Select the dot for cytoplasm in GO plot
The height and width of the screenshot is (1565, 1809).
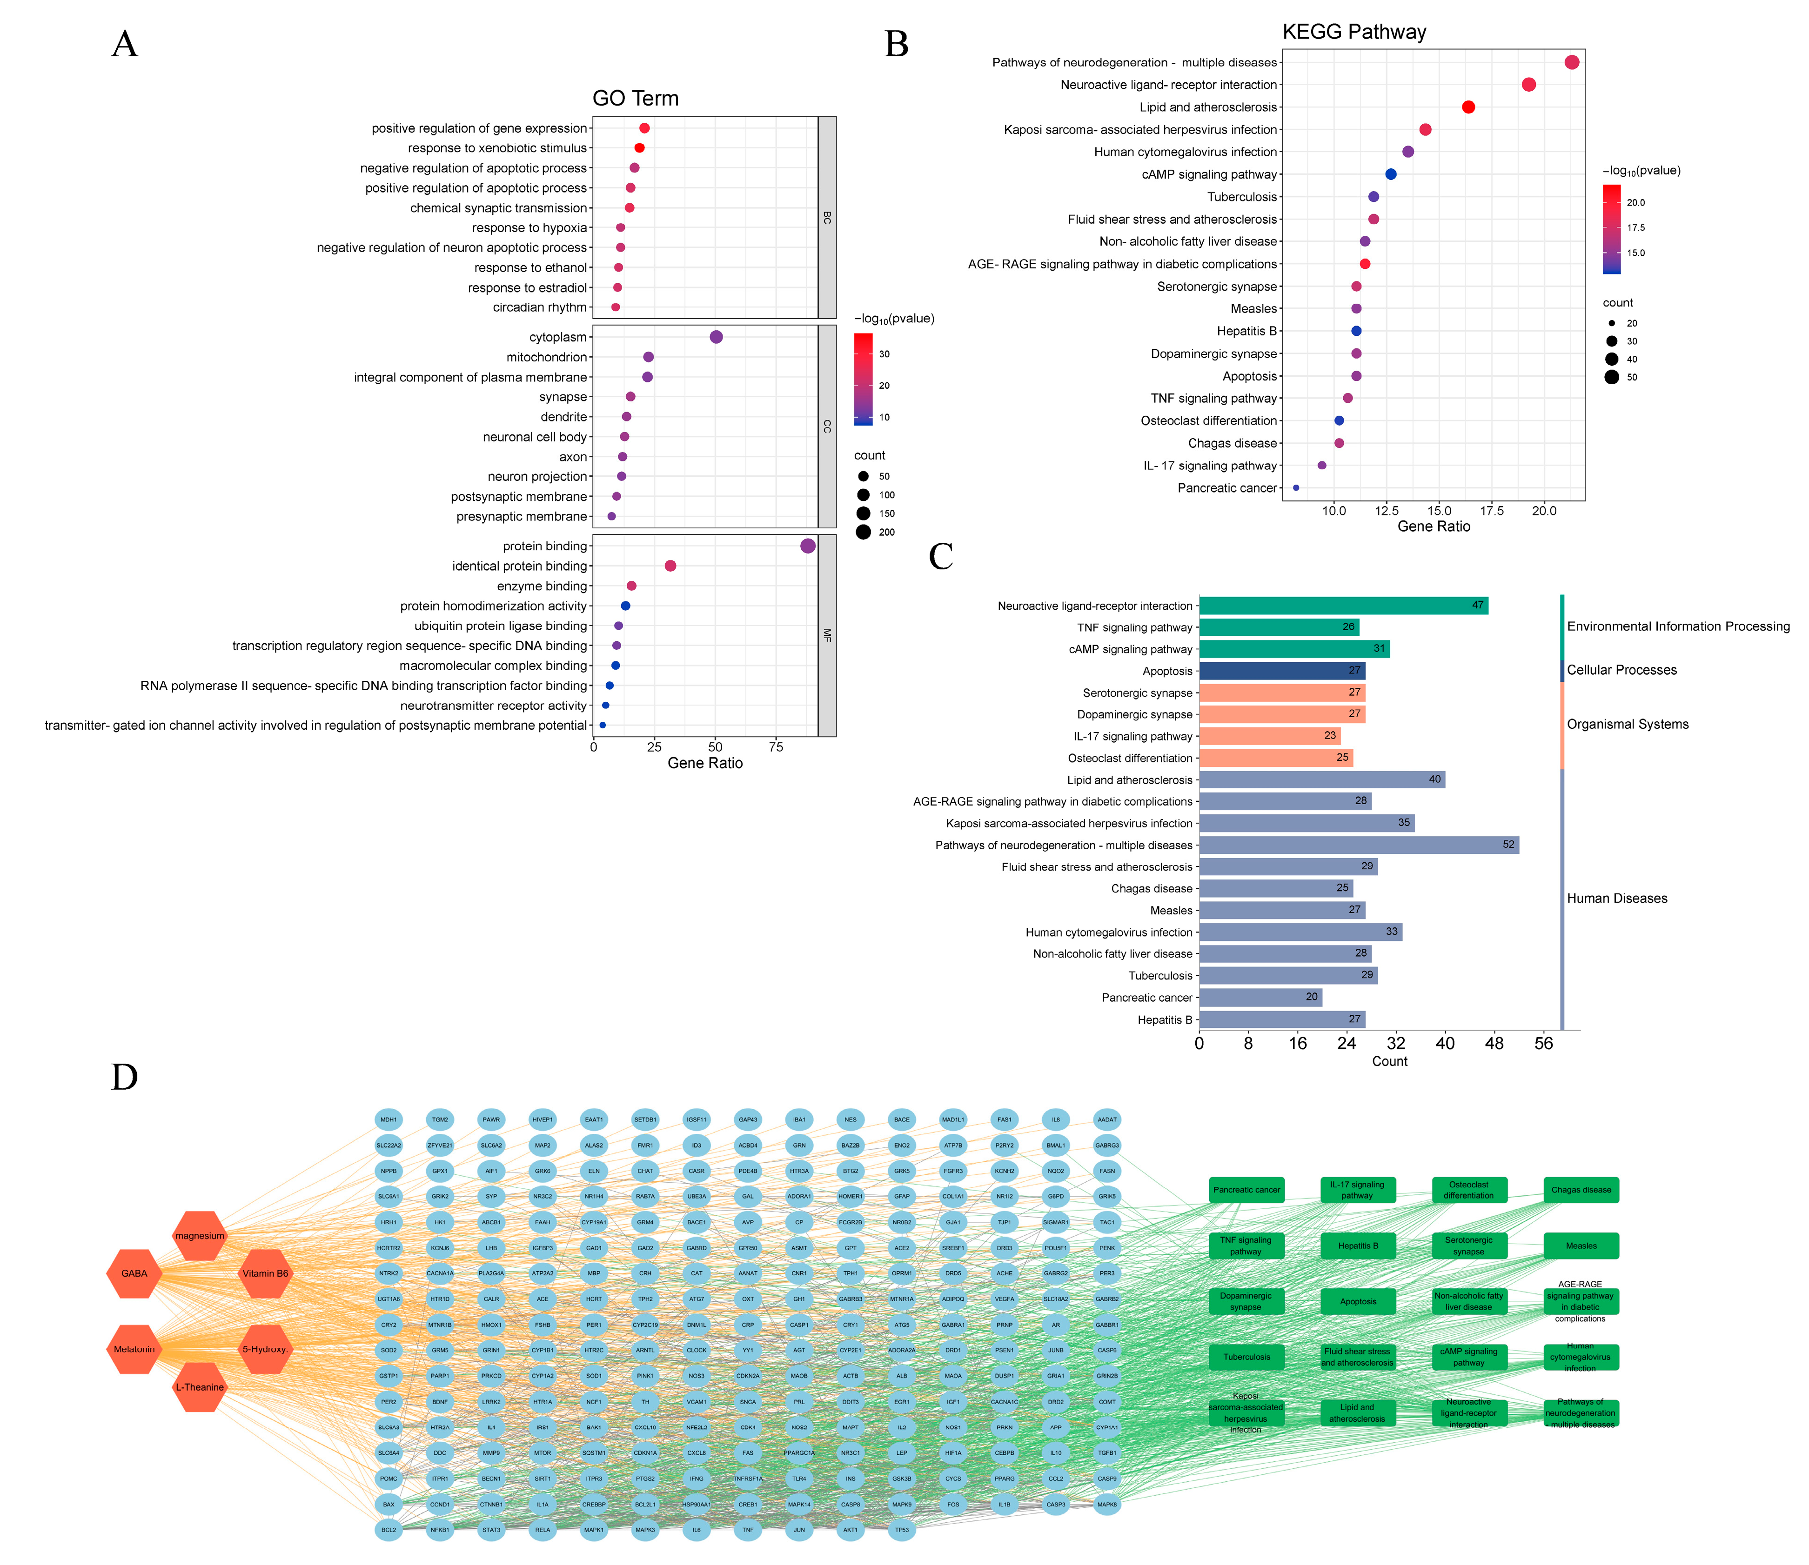716,337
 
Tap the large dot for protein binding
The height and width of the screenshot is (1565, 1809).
808,546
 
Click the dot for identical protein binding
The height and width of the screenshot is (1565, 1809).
671,566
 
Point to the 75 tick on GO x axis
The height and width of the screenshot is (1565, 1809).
776,747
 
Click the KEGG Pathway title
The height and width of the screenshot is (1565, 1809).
1354,32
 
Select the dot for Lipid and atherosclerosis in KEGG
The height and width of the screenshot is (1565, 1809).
1468,107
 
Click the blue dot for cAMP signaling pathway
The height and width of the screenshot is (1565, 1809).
1391,175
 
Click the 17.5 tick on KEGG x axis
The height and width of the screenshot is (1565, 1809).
1492,511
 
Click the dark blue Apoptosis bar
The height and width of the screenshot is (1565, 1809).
1281,671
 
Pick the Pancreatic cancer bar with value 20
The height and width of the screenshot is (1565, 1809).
1260,997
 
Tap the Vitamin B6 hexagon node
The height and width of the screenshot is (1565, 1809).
265,1273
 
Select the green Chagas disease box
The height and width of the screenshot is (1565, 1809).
1581,1190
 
